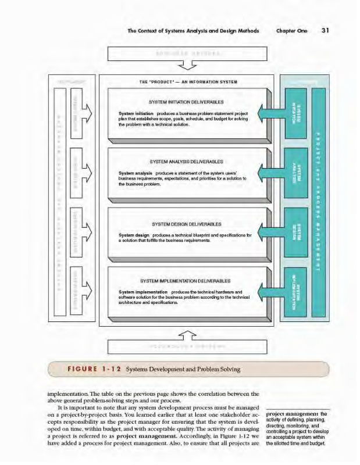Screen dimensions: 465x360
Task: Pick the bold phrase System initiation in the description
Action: [136, 112]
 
